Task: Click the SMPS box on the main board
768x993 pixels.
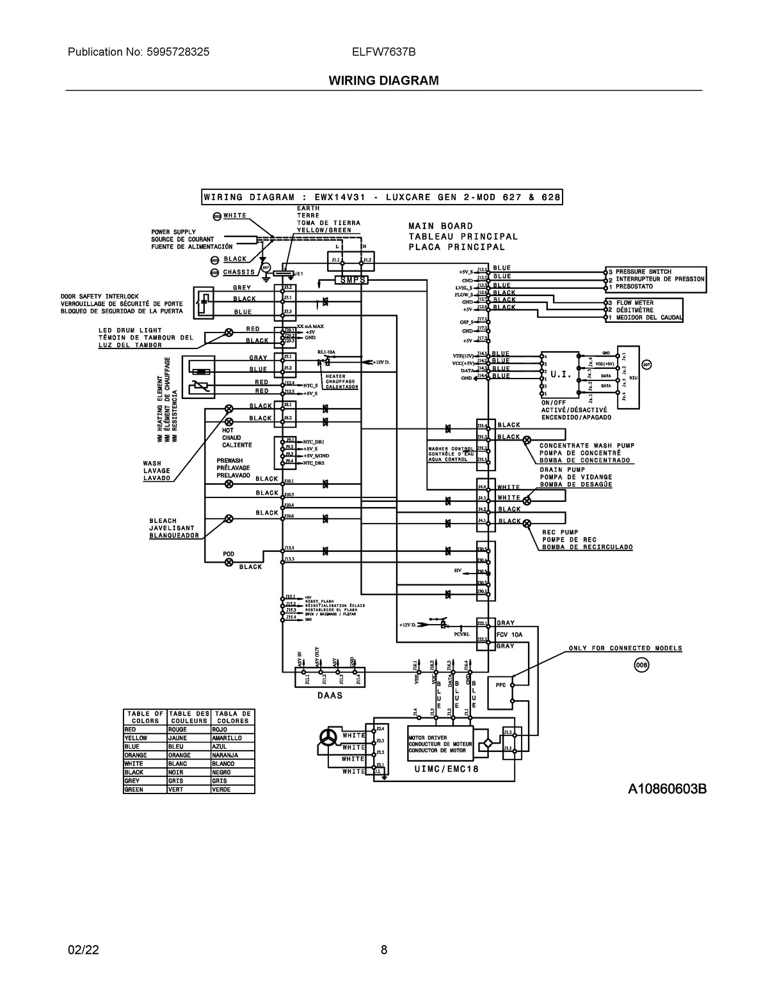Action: (349, 280)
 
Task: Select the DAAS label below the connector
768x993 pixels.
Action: (330, 696)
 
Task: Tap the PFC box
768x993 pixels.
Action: (501, 685)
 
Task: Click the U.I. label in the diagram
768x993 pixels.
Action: (561, 375)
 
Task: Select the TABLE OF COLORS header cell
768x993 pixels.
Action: (145, 717)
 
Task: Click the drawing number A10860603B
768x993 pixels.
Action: (667, 790)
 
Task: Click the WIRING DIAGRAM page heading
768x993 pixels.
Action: (384, 81)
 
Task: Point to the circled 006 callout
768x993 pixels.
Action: (642, 666)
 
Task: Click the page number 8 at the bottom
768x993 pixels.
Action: (384, 950)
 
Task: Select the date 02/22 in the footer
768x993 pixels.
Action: (83, 950)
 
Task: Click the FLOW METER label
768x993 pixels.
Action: (635, 302)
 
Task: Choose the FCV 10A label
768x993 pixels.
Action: (509, 634)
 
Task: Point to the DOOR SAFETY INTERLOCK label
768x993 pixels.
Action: (100, 297)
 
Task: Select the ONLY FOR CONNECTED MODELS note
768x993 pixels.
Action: (625, 648)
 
